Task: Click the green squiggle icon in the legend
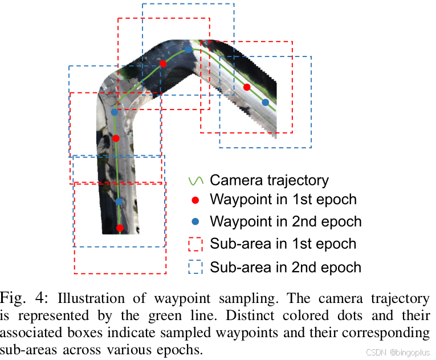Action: [195, 181]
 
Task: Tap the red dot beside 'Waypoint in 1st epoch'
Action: [195, 200]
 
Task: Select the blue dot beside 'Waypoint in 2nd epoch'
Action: [195, 221]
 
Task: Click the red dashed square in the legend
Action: [195, 244]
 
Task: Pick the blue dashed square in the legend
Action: [195, 267]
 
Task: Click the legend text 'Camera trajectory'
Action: [269, 181]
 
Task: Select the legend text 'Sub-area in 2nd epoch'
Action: [286, 267]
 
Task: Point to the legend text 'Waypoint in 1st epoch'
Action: [283, 200]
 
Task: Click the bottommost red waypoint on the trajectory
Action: [120, 228]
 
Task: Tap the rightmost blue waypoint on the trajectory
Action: [265, 102]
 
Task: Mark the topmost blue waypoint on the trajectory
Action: [188, 50]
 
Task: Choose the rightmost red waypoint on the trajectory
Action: [247, 87]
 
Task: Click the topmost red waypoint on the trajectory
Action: [163, 63]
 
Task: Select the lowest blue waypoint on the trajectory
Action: [119, 201]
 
